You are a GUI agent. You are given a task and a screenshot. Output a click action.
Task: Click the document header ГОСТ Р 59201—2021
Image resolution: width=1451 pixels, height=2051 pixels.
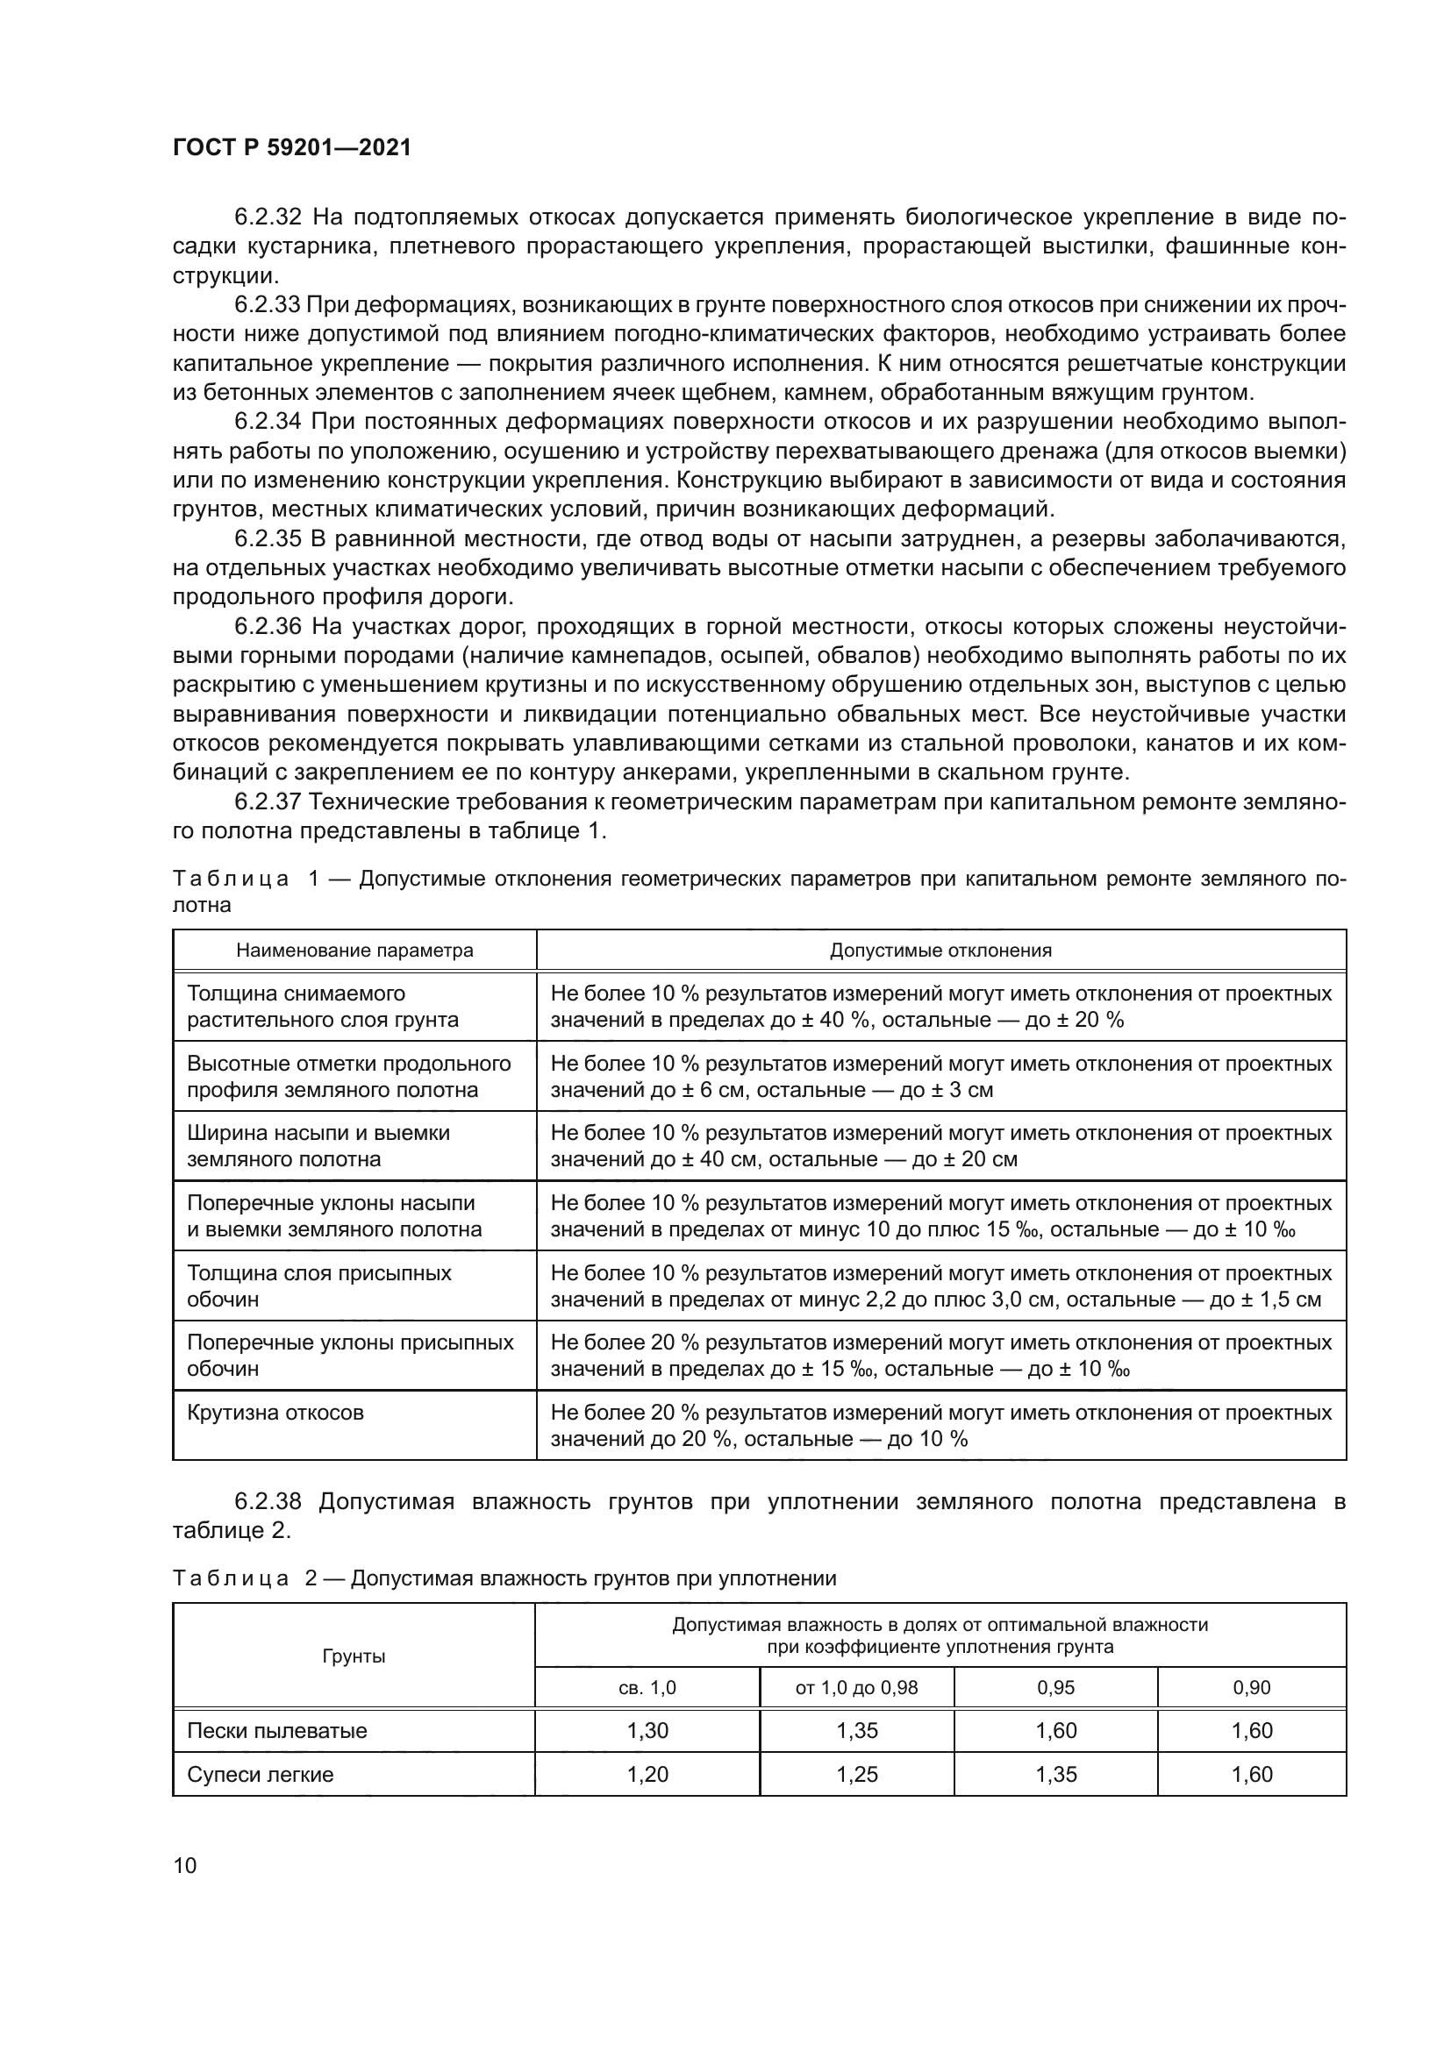[291, 148]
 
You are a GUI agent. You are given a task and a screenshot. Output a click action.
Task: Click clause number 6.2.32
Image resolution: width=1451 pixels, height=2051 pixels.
[268, 217]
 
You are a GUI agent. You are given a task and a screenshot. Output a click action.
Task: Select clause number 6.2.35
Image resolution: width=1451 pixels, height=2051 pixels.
[268, 538]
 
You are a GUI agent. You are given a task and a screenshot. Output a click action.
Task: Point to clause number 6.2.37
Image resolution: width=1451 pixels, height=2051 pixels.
[268, 801]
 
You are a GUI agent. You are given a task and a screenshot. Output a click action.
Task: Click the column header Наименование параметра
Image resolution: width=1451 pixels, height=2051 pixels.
[354, 950]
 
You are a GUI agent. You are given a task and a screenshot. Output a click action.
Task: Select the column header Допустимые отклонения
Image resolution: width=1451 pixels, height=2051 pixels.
[940, 950]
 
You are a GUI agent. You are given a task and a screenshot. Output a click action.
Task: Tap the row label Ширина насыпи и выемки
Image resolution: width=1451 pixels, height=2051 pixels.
[318, 1133]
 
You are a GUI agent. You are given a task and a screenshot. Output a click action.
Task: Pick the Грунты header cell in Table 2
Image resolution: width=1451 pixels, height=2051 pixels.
[354, 1656]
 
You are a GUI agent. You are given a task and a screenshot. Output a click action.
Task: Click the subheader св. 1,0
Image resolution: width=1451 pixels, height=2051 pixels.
[647, 1687]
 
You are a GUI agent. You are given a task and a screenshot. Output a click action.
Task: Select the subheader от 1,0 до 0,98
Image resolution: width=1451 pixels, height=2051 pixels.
[856, 1687]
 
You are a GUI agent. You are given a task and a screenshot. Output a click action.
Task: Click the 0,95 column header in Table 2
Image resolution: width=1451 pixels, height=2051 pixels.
[1055, 1687]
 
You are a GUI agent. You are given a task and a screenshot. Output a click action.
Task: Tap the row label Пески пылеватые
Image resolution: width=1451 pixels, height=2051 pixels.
[277, 1730]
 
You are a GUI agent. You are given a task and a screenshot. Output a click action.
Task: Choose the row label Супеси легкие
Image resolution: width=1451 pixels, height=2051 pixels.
[260, 1774]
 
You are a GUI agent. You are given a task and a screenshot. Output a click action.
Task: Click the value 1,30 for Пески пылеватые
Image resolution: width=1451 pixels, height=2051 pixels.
[647, 1730]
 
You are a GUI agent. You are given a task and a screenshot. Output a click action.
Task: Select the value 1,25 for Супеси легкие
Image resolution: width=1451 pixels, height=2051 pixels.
[857, 1774]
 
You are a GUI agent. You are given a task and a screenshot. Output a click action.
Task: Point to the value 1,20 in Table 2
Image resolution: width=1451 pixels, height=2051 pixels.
[647, 1774]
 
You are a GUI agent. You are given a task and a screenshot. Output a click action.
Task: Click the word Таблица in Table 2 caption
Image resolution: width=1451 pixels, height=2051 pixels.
[231, 1578]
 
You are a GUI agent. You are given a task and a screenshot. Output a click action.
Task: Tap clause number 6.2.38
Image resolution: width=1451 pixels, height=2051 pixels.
[268, 1501]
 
